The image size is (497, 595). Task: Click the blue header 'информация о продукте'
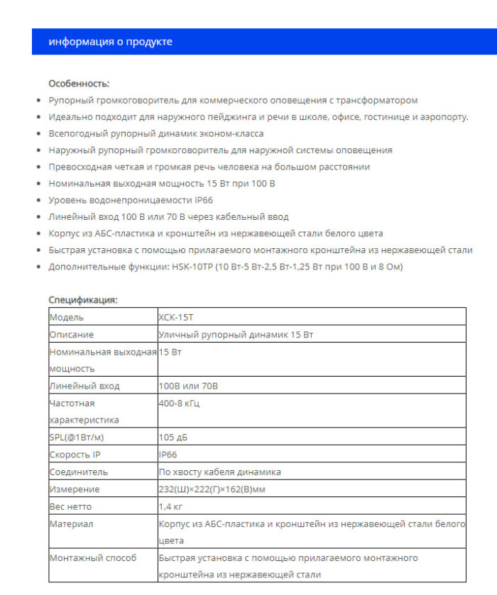pos(110,42)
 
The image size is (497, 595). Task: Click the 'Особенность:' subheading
pos(79,84)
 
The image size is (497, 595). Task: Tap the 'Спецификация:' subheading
pos(82,300)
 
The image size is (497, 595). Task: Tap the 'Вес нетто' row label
pos(70,506)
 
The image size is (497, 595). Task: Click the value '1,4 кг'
pos(171,506)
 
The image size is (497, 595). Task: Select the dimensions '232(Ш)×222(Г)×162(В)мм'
pos(212,489)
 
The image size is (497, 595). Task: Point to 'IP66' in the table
pos(168,455)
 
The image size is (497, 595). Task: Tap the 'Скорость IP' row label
pos(75,455)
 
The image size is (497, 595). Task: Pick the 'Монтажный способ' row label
pos(92,557)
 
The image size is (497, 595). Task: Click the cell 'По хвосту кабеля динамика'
pos(219,472)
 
